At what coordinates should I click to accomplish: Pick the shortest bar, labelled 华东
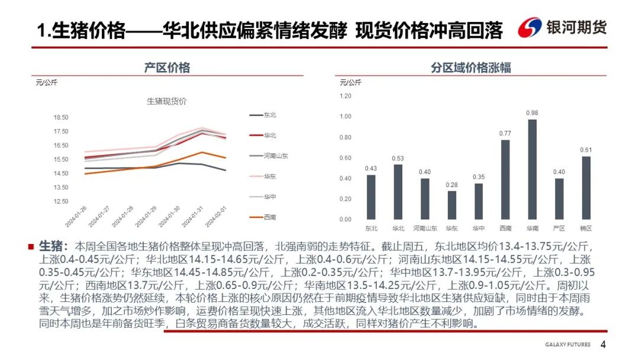pyautogui.click(x=452, y=205)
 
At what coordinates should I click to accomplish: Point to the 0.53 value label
pyautogui.click(x=398, y=158)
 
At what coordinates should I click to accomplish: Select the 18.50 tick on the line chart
pyautogui.click(x=61, y=118)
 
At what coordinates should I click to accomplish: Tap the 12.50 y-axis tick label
pyautogui.click(x=61, y=202)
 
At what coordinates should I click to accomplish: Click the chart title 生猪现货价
pyautogui.click(x=166, y=101)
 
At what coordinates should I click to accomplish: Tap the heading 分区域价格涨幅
pyautogui.click(x=470, y=67)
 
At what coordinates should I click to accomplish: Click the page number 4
pyautogui.click(x=603, y=345)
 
